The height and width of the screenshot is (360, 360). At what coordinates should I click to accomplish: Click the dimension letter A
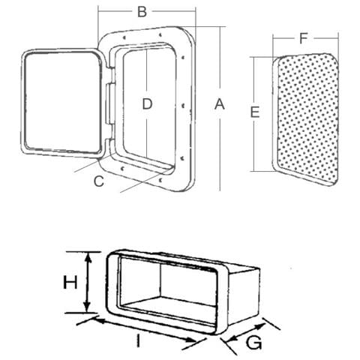(220, 104)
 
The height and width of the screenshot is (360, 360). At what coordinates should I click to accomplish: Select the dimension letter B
(142, 11)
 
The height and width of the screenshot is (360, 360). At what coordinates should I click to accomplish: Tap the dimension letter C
(99, 181)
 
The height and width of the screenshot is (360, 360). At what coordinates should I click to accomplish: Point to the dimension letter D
(147, 103)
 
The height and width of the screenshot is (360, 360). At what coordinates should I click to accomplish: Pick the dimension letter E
(255, 112)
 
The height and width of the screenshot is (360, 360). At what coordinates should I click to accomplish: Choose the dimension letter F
(303, 38)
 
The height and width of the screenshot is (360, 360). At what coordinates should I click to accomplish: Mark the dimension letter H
(70, 282)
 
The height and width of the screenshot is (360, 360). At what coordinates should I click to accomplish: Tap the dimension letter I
(138, 341)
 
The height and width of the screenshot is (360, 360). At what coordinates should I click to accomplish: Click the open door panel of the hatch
(62, 103)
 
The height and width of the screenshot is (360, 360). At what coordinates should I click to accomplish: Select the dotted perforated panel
(306, 119)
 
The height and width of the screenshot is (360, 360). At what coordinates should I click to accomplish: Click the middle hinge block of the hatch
(110, 103)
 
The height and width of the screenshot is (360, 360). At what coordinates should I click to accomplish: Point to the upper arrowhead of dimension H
(87, 257)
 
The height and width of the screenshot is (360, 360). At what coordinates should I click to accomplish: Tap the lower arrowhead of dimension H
(87, 307)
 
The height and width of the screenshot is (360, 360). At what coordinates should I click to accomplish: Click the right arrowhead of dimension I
(190, 339)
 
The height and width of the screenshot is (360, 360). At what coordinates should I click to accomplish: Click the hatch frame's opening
(150, 105)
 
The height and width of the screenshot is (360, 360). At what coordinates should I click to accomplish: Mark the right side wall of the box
(244, 296)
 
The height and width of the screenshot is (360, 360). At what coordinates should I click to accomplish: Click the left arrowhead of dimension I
(100, 321)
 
